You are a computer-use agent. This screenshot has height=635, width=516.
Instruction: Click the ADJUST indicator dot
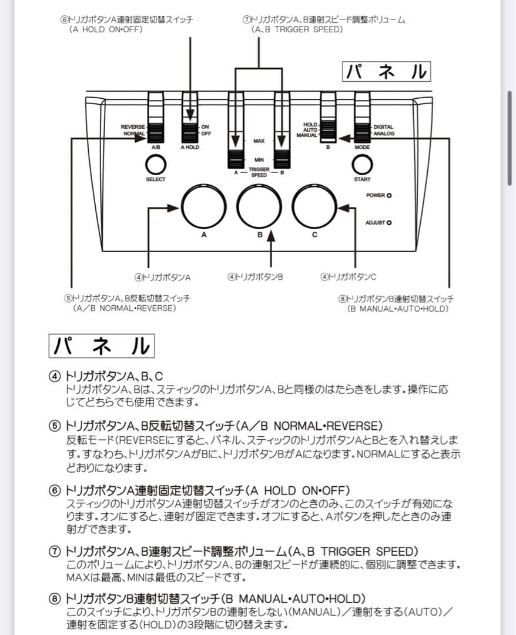pos(389,222)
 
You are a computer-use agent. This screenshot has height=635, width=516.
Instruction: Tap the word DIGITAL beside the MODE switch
pos(383,127)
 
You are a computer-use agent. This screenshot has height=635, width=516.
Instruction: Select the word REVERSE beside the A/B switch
pos(133,127)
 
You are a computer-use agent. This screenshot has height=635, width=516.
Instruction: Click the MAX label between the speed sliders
pos(259,141)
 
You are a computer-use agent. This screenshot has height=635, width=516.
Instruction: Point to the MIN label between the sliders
pos(259,160)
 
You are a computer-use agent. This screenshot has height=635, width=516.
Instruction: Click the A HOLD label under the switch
pos(190,147)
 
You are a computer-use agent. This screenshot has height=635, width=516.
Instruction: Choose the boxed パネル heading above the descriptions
pos(101,345)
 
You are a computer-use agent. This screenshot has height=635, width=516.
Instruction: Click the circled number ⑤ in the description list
pos(54,425)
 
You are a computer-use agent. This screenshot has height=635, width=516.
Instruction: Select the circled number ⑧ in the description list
pos(54,598)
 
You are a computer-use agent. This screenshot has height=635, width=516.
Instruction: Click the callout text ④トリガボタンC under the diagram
pos(348,276)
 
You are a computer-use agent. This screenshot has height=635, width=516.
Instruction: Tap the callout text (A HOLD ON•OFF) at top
pos(106,29)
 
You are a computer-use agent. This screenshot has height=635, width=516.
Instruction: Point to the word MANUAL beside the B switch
pos(307,135)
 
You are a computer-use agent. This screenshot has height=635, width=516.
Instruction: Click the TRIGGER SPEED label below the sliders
pos(259,172)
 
